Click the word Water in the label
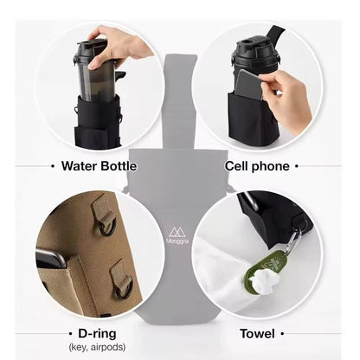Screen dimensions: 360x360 coord(79,166)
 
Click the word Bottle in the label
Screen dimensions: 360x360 coord(119,166)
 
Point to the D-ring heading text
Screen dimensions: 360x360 coord(97,333)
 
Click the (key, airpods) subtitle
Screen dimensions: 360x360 coord(97,347)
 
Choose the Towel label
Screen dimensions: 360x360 coord(257,334)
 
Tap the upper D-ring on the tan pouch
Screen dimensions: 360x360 coord(107,228)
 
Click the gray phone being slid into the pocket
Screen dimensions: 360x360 coord(248,85)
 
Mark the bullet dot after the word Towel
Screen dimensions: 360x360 coord(282,334)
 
